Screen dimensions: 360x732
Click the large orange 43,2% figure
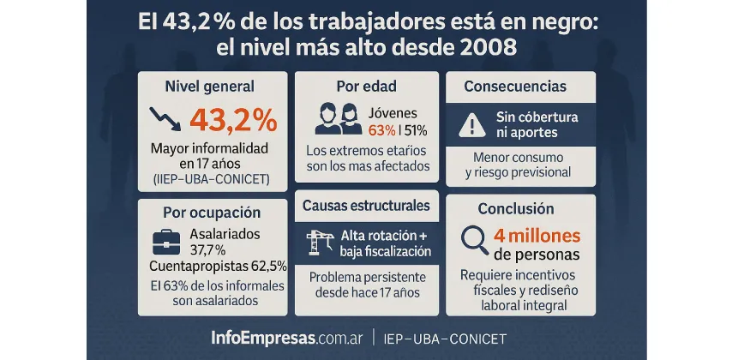pos(232,118)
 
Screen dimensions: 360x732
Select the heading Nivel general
pos(210,86)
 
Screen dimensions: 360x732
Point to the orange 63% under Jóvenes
pos(381,130)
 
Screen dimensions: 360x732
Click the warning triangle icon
pos(471,125)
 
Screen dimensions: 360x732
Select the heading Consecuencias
pos(514,86)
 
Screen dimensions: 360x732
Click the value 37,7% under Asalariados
pos(207,249)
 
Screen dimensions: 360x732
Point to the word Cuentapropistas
pos(190,266)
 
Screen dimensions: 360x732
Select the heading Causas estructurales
pos(366,206)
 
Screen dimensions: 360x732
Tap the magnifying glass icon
pos(473,242)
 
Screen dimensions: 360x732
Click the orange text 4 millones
pos(537,235)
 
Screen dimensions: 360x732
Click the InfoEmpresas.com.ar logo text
pos(286,337)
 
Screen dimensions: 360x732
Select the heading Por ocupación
pos(211,212)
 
